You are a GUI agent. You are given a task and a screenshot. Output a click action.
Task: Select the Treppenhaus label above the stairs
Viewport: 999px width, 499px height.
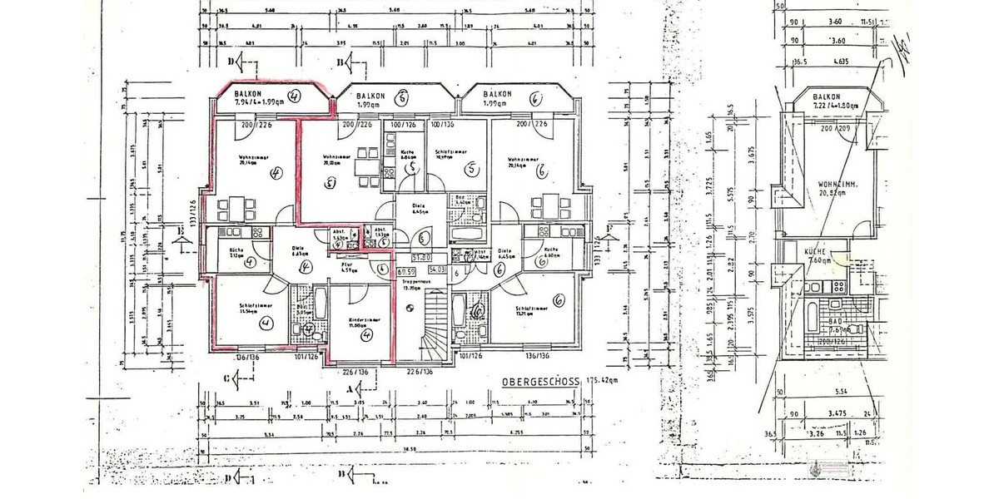(414, 283)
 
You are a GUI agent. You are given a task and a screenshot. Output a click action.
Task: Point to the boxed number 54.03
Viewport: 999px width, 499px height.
(438, 270)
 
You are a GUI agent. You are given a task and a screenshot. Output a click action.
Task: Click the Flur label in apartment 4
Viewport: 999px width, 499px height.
(346, 264)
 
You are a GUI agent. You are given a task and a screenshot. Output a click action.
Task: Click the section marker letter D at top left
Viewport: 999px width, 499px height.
(232, 61)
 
